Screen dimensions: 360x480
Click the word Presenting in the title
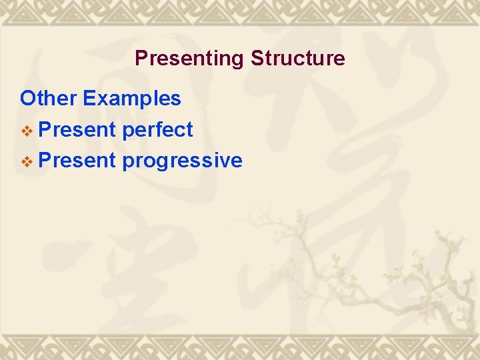pos(189,59)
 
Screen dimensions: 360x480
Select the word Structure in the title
pos(298,59)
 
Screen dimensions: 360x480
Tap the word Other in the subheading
pos(49,99)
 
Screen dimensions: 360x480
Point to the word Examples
pos(132,99)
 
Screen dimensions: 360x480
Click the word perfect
pos(158,129)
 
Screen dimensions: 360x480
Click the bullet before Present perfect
pos(27,130)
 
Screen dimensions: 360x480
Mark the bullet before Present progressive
pos(27,161)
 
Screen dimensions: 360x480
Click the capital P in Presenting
pos(141,59)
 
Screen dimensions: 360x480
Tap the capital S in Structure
pos(257,59)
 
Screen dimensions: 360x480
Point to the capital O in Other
pos(28,99)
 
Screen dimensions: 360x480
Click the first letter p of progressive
pos(128,163)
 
